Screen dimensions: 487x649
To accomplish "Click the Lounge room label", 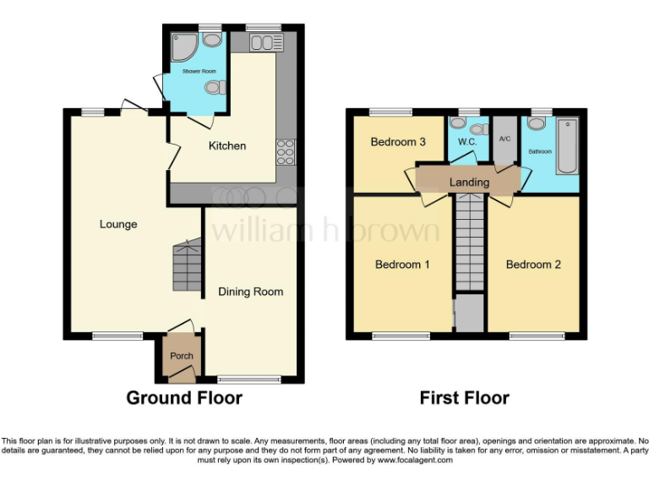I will (x=118, y=224).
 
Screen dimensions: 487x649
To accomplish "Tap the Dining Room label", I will (x=251, y=292).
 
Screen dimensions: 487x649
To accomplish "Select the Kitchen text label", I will (x=227, y=145).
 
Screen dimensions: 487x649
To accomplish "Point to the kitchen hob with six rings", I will (x=285, y=152).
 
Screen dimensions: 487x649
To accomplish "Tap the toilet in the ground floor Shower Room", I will (x=215, y=87).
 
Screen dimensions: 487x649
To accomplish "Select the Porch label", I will (x=182, y=356).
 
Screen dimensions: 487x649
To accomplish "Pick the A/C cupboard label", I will (x=505, y=139).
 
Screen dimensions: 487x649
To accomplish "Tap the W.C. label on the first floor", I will (x=467, y=142).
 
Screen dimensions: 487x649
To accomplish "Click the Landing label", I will (x=469, y=182).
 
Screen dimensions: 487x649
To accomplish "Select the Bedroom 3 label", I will (x=398, y=142).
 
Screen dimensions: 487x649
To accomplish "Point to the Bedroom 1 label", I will (x=402, y=265).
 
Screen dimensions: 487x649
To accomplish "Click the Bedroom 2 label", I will (x=533, y=265).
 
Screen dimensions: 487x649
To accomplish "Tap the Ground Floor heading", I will (x=184, y=397).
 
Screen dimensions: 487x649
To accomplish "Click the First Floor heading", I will (x=465, y=397).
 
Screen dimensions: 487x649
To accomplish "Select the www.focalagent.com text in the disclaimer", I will (x=414, y=461).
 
